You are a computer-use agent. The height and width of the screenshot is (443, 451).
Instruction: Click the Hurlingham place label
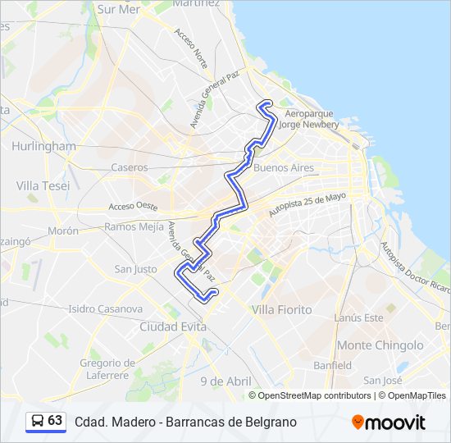(43, 146)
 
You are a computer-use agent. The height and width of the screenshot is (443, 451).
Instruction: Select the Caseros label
(130, 167)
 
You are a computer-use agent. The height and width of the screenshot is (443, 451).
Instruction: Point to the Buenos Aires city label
(285, 167)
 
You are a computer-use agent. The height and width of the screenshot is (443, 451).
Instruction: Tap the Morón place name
(63, 231)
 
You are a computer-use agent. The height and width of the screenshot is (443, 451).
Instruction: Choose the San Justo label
(135, 269)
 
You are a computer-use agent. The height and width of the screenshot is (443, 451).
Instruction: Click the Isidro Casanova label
(105, 309)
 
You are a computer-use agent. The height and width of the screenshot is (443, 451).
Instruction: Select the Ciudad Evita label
(172, 326)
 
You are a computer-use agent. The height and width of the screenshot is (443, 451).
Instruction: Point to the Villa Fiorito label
(282, 309)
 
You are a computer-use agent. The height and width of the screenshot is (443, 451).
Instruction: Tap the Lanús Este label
(358, 317)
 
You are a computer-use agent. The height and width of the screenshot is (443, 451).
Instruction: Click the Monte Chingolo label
(379, 345)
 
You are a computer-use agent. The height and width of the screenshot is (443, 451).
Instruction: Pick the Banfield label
(332, 365)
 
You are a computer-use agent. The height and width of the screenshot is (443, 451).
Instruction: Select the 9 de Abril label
(226, 381)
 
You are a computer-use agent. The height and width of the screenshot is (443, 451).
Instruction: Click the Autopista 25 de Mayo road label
(307, 205)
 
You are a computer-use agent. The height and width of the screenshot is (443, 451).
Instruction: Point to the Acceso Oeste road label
(132, 206)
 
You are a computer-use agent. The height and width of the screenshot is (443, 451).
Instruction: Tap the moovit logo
(389, 422)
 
